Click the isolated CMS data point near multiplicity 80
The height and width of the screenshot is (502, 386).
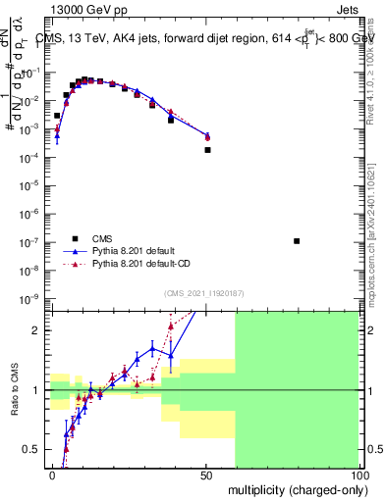click(297, 241)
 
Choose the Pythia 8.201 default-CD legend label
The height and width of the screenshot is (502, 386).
click(141, 264)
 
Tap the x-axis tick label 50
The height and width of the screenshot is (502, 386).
click(204, 475)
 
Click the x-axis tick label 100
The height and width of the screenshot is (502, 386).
click(357, 475)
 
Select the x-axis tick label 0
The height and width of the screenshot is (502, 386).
click(52, 475)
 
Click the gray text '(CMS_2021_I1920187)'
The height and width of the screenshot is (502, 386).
click(204, 293)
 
